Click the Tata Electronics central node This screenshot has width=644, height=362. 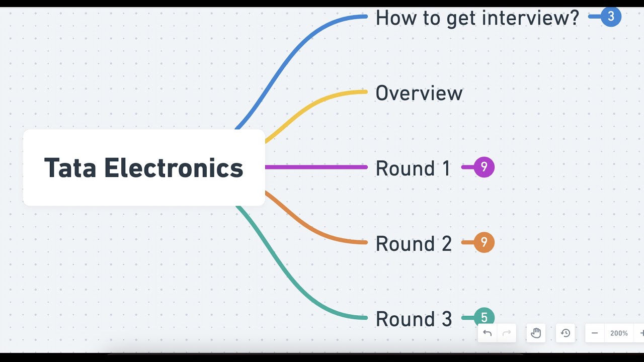click(x=144, y=167)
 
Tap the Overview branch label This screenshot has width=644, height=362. click(x=419, y=94)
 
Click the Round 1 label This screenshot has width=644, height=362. click(x=413, y=168)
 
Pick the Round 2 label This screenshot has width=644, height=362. click(x=414, y=244)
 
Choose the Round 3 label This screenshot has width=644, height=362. click(x=414, y=319)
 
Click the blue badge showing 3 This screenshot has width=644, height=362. click(x=611, y=17)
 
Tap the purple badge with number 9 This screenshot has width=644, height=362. click(x=484, y=167)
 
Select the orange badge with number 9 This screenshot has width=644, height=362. click(x=484, y=242)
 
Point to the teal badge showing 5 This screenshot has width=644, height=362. click(x=484, y=317)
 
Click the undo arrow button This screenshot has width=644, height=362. click(x=488, y=333)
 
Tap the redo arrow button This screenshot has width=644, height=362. click(x=507, y=333)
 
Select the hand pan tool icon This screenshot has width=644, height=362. click(x=536, y=333)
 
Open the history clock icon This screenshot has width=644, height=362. click(x=566, y=333)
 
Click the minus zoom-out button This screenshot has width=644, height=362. click(x=595, y=333)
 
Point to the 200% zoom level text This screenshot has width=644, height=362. click(x=619, y=333)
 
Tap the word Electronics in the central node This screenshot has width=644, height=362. click(x=174, y=168)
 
